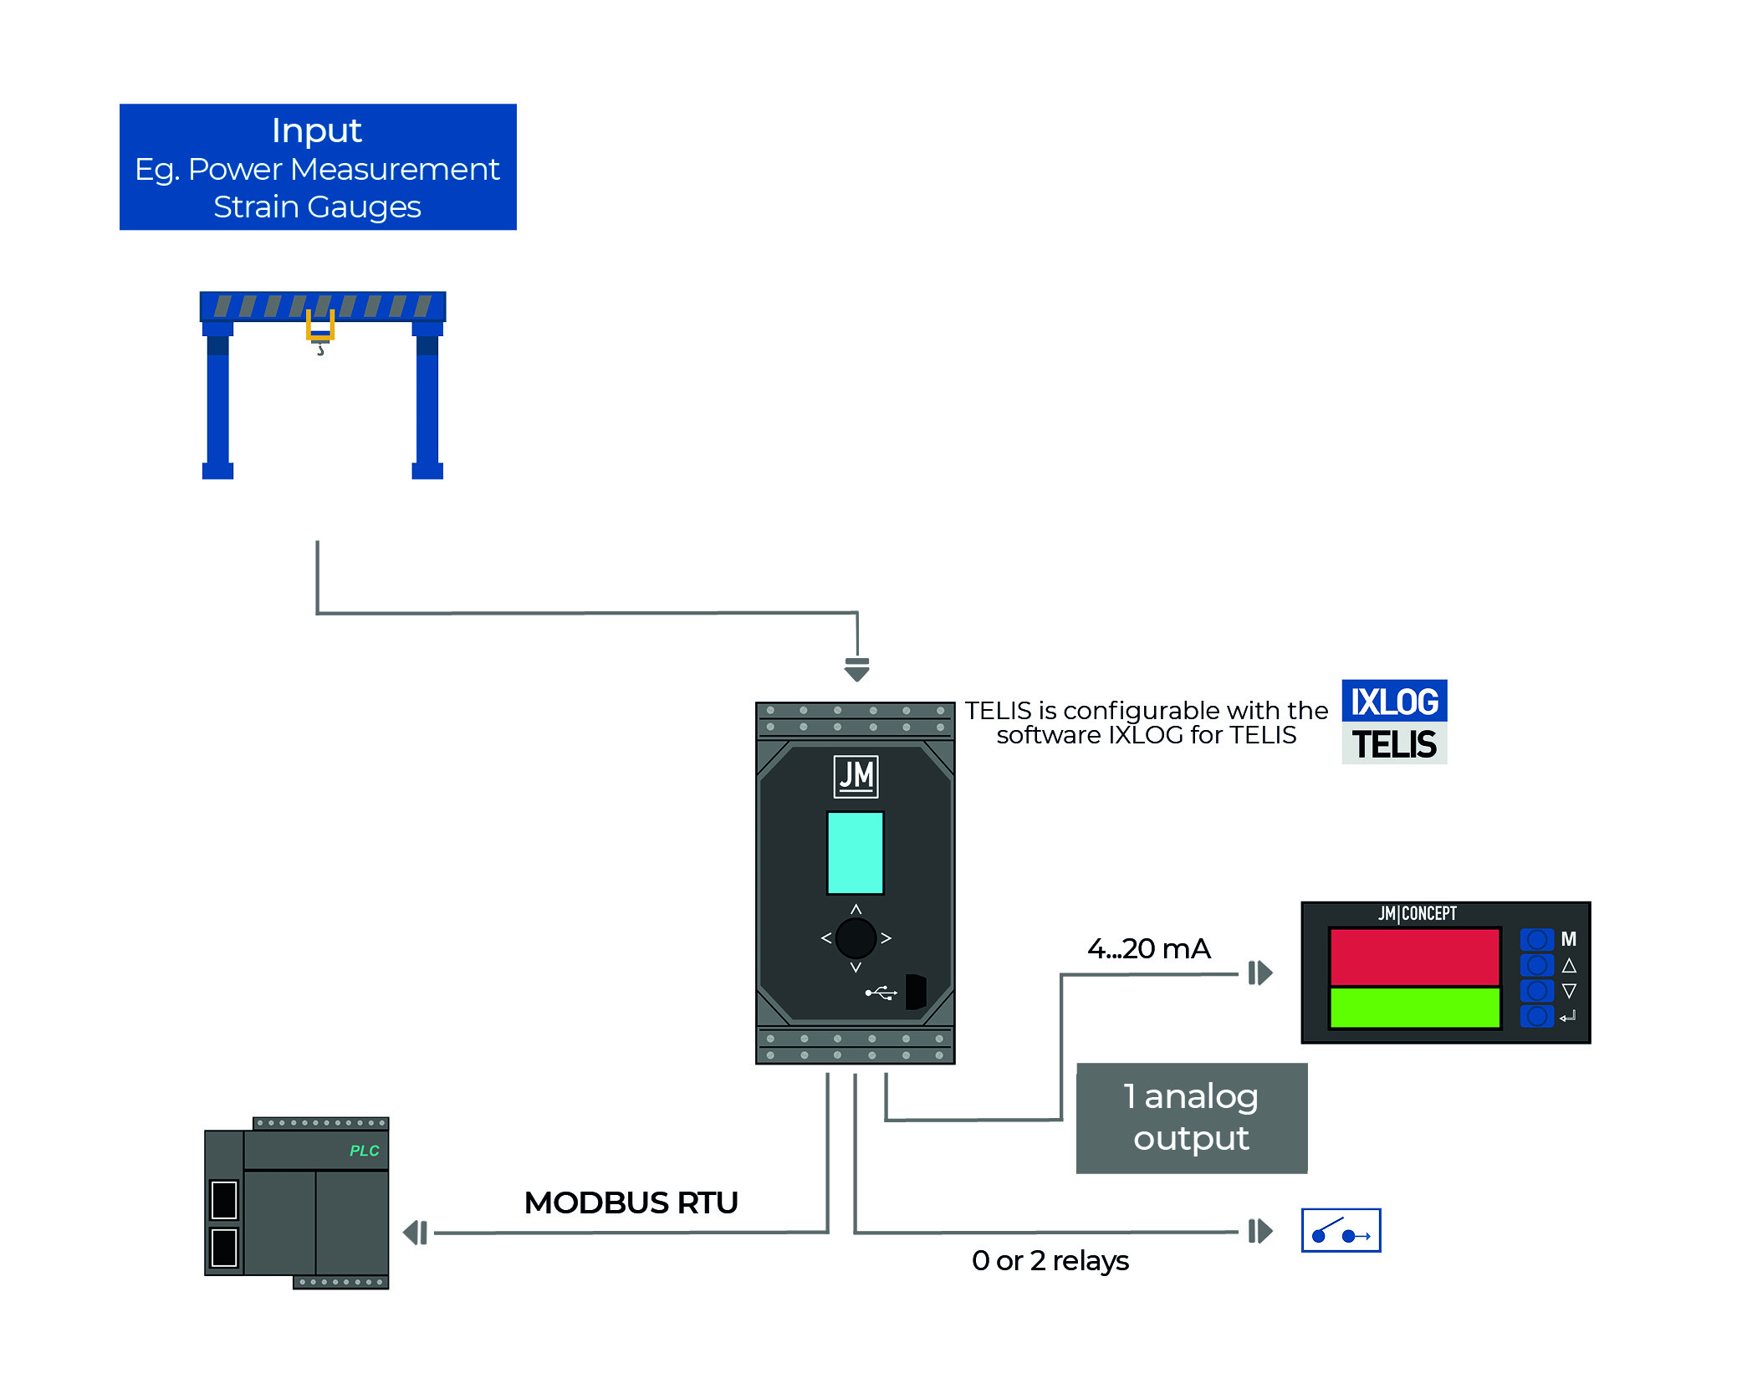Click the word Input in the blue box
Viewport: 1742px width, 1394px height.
(x=316, y=130)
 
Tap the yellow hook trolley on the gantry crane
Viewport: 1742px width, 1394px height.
(x=319, y=326)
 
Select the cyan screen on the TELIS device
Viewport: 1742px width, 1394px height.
(x=855, y=852)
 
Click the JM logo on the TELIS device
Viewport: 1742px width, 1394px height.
(x=856, y=776)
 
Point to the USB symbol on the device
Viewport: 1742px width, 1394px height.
(x=881, y=993)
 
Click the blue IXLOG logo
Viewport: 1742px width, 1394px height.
(x=1394, y=701)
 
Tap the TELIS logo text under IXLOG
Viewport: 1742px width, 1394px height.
(x=1394, y=744)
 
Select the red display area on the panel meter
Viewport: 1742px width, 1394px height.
(x=1414, y=957)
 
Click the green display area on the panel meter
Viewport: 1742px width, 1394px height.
(x=1414, y=1008)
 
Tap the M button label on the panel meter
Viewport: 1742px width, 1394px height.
(x=1568, y=939)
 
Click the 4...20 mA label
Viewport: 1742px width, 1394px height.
(x=1148, y=948)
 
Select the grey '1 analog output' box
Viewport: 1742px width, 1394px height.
(x=1191, y=1118)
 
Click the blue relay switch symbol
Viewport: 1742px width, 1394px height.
(x=1341, y=1230)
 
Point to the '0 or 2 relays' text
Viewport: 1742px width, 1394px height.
(x=1050, y=1260)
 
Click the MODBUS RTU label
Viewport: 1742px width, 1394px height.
(x=631, y=1203)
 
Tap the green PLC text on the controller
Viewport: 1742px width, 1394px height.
(x=364, y=1151)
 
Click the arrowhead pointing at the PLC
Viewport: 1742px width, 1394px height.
(x=415, y=1232)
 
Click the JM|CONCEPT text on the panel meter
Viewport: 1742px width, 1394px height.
(x=1417, y=913)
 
